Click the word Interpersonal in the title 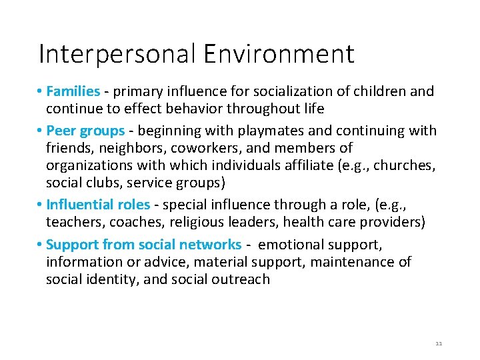click(117, 54)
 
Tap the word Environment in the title click(279, 54)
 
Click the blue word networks click(209, 245)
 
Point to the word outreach click(242, 279)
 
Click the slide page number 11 click(438, 343)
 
